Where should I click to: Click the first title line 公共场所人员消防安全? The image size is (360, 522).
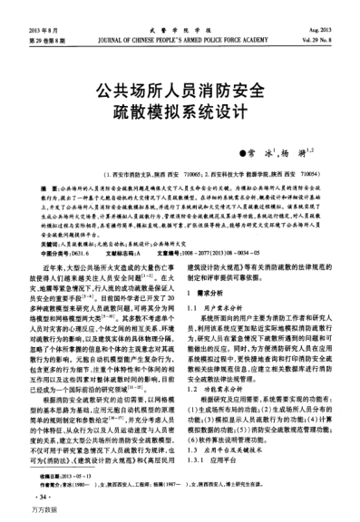coord(180,92)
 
